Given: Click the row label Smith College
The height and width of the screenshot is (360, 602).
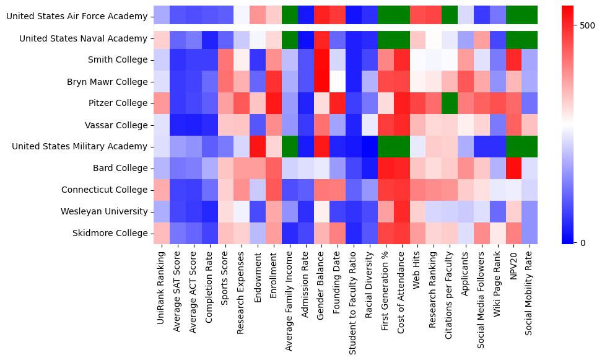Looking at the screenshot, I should coord(117,60).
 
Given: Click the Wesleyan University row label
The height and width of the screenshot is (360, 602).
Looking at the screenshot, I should coord(104,211).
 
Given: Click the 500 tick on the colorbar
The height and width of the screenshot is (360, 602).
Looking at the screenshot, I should coord(587,26).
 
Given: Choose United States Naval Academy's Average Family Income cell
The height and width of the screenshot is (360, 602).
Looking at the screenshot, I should coord(290,38).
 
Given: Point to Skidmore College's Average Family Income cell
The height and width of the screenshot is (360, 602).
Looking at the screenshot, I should coord(290,233).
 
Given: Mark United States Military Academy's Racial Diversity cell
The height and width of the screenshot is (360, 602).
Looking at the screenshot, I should coord(370,146).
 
